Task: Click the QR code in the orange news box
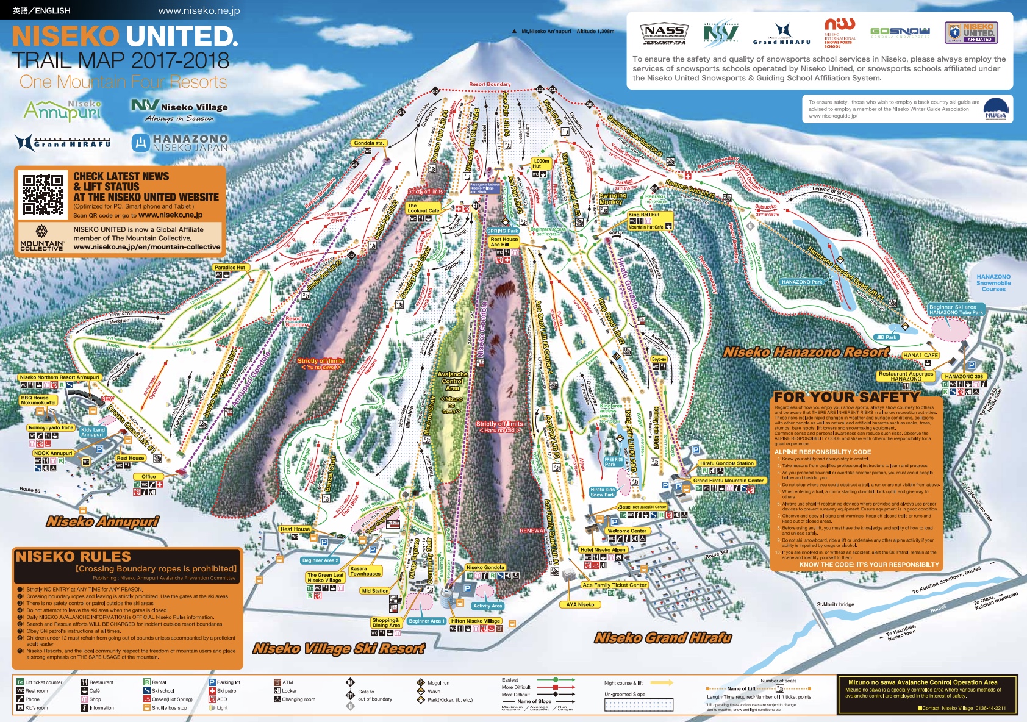tap(43, 195)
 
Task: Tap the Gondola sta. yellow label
tap(369, 143)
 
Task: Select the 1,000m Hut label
tap(541, 163)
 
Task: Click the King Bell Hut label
tap(644, 215)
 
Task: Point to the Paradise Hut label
tap(229, 267)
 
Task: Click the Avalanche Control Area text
tap(453, 381)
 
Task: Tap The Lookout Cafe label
tap(423, 208)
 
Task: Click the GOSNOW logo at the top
tap(900, 32)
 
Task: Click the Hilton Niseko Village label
tap(476, 621)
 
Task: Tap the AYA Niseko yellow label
tap(580, 604)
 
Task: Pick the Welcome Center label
tap(627, 531)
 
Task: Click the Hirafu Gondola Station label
tap(727, 463)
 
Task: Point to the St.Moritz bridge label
tap(836, 604)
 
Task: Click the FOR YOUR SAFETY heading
tap(846, 397)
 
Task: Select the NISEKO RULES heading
tap(73, 556)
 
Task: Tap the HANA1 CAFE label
tap(920, 355)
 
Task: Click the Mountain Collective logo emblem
tap(41, 232)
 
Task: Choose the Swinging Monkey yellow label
tap(612, 199)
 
